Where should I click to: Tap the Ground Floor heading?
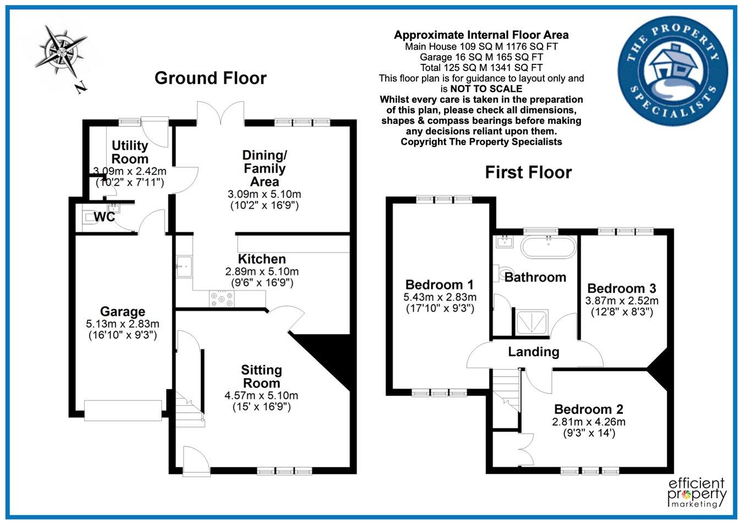point(210,78)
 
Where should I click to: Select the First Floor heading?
point(528,172)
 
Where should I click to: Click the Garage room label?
point(123,312)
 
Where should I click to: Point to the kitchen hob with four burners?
point(222,298)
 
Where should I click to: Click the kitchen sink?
point(184,266)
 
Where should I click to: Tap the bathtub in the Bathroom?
point(549,247)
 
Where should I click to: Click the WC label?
point(105,217)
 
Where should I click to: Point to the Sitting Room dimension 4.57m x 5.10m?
point(261,395)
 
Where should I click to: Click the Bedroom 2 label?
point(589,410)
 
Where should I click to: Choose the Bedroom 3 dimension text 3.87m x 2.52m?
point(622,301)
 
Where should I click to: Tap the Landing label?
point(534,352)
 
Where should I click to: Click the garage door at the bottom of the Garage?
point(123,410)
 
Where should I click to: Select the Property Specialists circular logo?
point(673,71)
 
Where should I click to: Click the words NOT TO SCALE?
point(486,89)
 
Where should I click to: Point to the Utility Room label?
point(130,152)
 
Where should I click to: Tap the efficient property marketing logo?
point(697,493)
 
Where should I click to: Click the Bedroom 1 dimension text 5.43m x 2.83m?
point(440,297)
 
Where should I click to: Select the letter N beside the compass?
point(81,88)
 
